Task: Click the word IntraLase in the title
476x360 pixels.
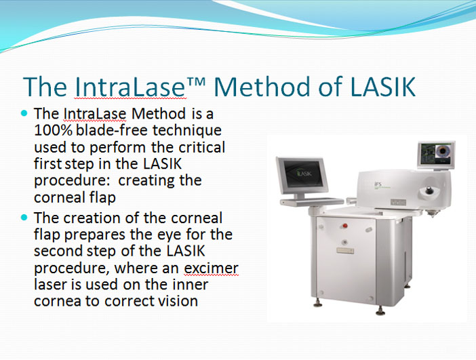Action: click(x=130, y=87)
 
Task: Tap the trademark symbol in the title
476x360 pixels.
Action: click(x=196, y=81)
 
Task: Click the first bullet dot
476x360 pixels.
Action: click(x=24, y=113)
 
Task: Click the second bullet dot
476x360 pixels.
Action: click(x=24, y=218)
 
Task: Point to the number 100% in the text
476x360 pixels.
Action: click(x=53, y=130)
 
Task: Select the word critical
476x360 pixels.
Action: click(x=201, y=147)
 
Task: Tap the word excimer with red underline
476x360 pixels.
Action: click(x=212, y=268)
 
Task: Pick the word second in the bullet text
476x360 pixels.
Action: click(x=58, y=251)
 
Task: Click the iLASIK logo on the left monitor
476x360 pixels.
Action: click(x=304, y=174)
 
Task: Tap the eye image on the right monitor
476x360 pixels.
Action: click(x=443, y=151)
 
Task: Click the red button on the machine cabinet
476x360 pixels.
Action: click(x=345, y=226)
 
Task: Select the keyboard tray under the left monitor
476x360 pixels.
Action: click(x=312, y=201)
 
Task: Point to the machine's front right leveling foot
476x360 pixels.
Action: click(x=380, y=311)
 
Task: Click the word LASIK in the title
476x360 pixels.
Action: click(x=382, y=87)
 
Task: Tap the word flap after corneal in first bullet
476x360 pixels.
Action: click(x=102, y=197)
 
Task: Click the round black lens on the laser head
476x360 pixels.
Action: click(x=429, y=191)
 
